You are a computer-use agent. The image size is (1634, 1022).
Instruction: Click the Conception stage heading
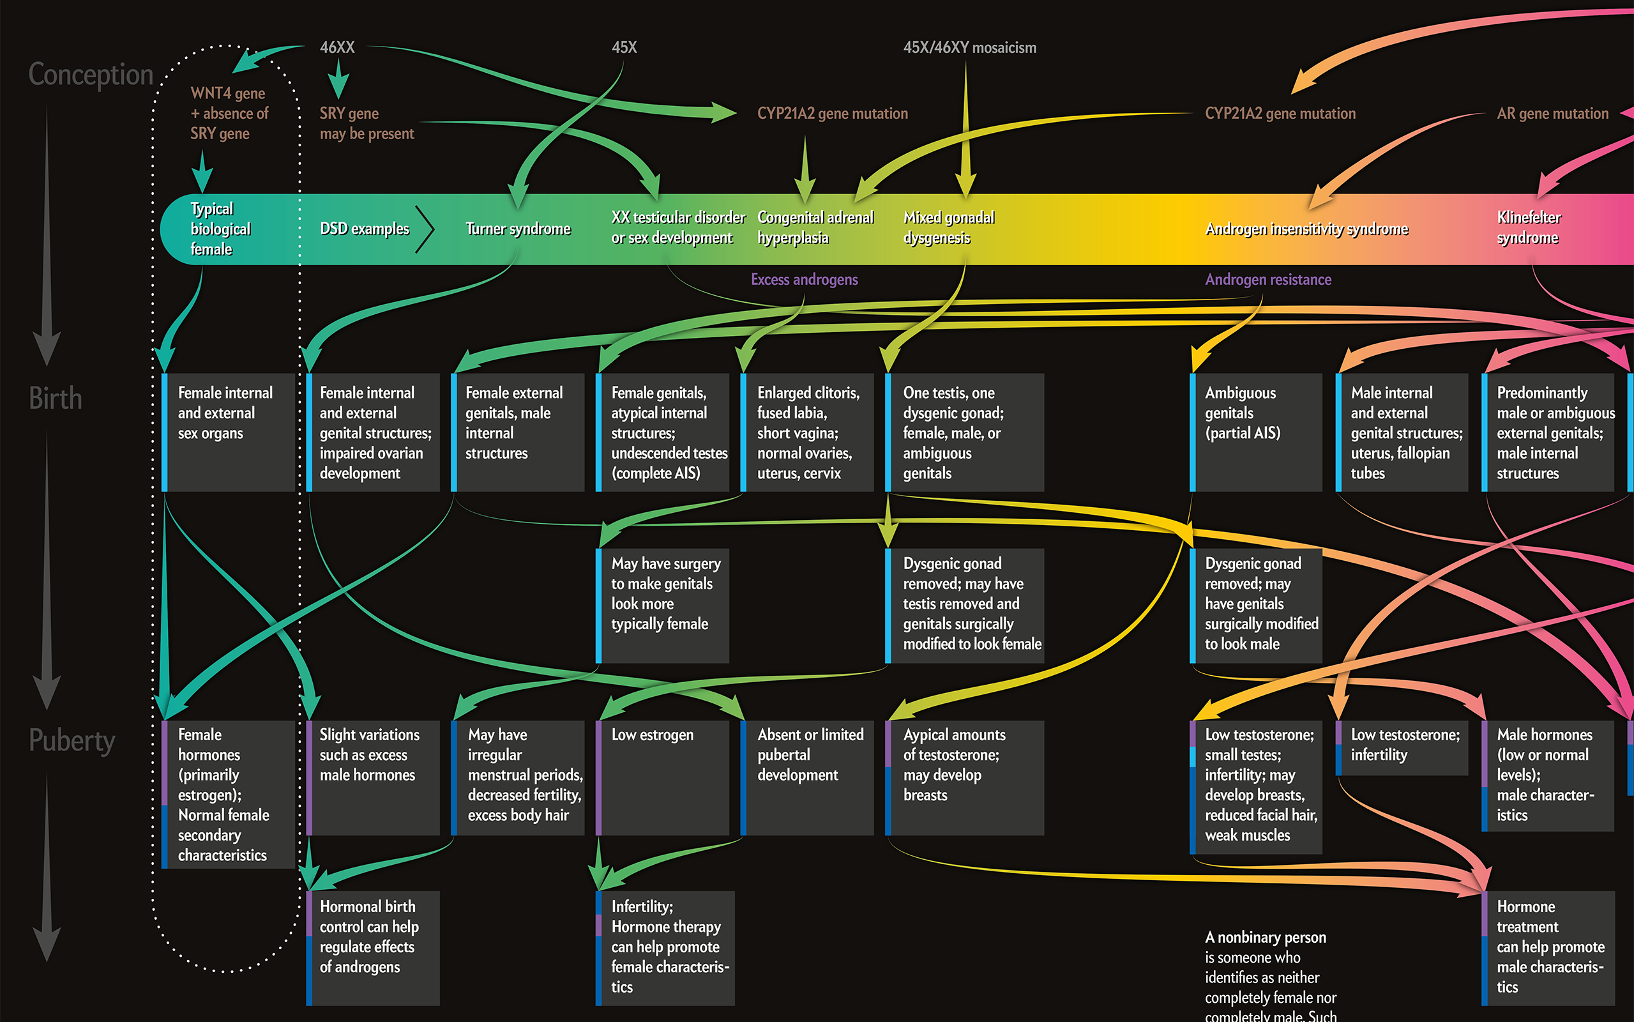pos(91,74)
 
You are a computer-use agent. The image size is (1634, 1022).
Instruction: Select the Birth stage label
pos(56,399)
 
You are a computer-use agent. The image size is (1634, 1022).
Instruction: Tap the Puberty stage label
pos(72,741)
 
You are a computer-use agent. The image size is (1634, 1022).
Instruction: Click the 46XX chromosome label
pos(337,47)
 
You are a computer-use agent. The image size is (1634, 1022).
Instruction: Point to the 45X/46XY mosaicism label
pos(969,47)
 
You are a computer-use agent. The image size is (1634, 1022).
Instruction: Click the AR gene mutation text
pos(1552,114)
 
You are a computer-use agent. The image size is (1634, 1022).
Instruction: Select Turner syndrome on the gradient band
pos(518,229)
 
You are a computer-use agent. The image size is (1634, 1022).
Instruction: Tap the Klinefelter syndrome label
pos(1529,228)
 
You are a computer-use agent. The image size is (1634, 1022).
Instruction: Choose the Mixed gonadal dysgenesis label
pos(948,228)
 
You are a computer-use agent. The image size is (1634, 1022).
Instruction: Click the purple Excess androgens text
pos(804,280)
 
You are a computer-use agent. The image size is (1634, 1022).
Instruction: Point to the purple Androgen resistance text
pos(1268,280)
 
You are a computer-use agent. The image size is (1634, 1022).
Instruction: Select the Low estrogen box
pos(663,777)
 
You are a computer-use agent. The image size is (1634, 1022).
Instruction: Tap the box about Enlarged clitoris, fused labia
pos(808,432)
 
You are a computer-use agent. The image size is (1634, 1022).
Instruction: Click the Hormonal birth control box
pos(373,946)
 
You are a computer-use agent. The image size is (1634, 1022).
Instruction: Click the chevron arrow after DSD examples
pos(425,229)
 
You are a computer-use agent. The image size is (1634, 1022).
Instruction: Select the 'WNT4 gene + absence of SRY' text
pos(229,114)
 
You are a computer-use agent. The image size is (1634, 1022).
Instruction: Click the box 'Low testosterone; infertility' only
pos(1403,747)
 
